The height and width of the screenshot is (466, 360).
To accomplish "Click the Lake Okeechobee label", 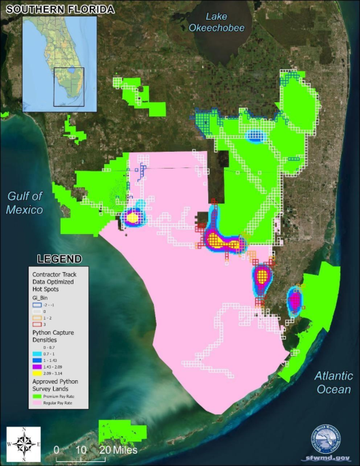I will [x=218, y=22].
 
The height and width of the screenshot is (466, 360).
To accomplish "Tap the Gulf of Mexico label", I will [x=25, y=203].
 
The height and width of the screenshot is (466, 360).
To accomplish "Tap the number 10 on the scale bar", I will [x=80, y=450].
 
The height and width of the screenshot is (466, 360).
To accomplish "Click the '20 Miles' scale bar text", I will [x=119, y=450].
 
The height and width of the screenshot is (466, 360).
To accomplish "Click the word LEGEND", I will [x=60, y=259].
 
